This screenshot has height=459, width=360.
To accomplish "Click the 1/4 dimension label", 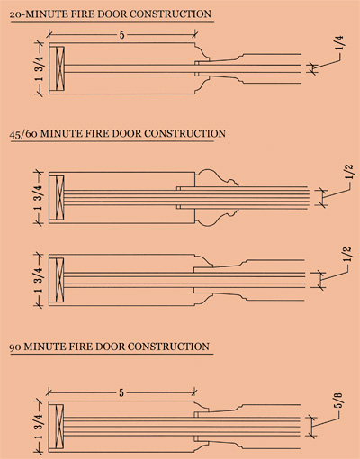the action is pos(340,44).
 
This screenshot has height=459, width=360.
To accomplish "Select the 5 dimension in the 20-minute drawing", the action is pos(121,35).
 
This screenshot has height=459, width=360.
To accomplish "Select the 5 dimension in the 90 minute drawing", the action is pos(121,392).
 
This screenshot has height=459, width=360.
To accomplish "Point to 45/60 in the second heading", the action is pos(23,134).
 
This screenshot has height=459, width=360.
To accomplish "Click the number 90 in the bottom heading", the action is pos(15,347).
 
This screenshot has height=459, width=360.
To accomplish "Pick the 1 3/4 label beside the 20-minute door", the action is pos(40,68).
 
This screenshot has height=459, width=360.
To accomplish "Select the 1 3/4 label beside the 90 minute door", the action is pos(39,427).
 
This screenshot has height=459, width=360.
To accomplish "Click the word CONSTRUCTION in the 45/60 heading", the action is pos(184,133).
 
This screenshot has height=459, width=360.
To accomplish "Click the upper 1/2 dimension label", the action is pos(349,172).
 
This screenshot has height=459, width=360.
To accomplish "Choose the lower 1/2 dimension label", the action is pos(346,255).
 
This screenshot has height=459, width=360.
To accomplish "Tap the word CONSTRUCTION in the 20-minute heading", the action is pos(171,14).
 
